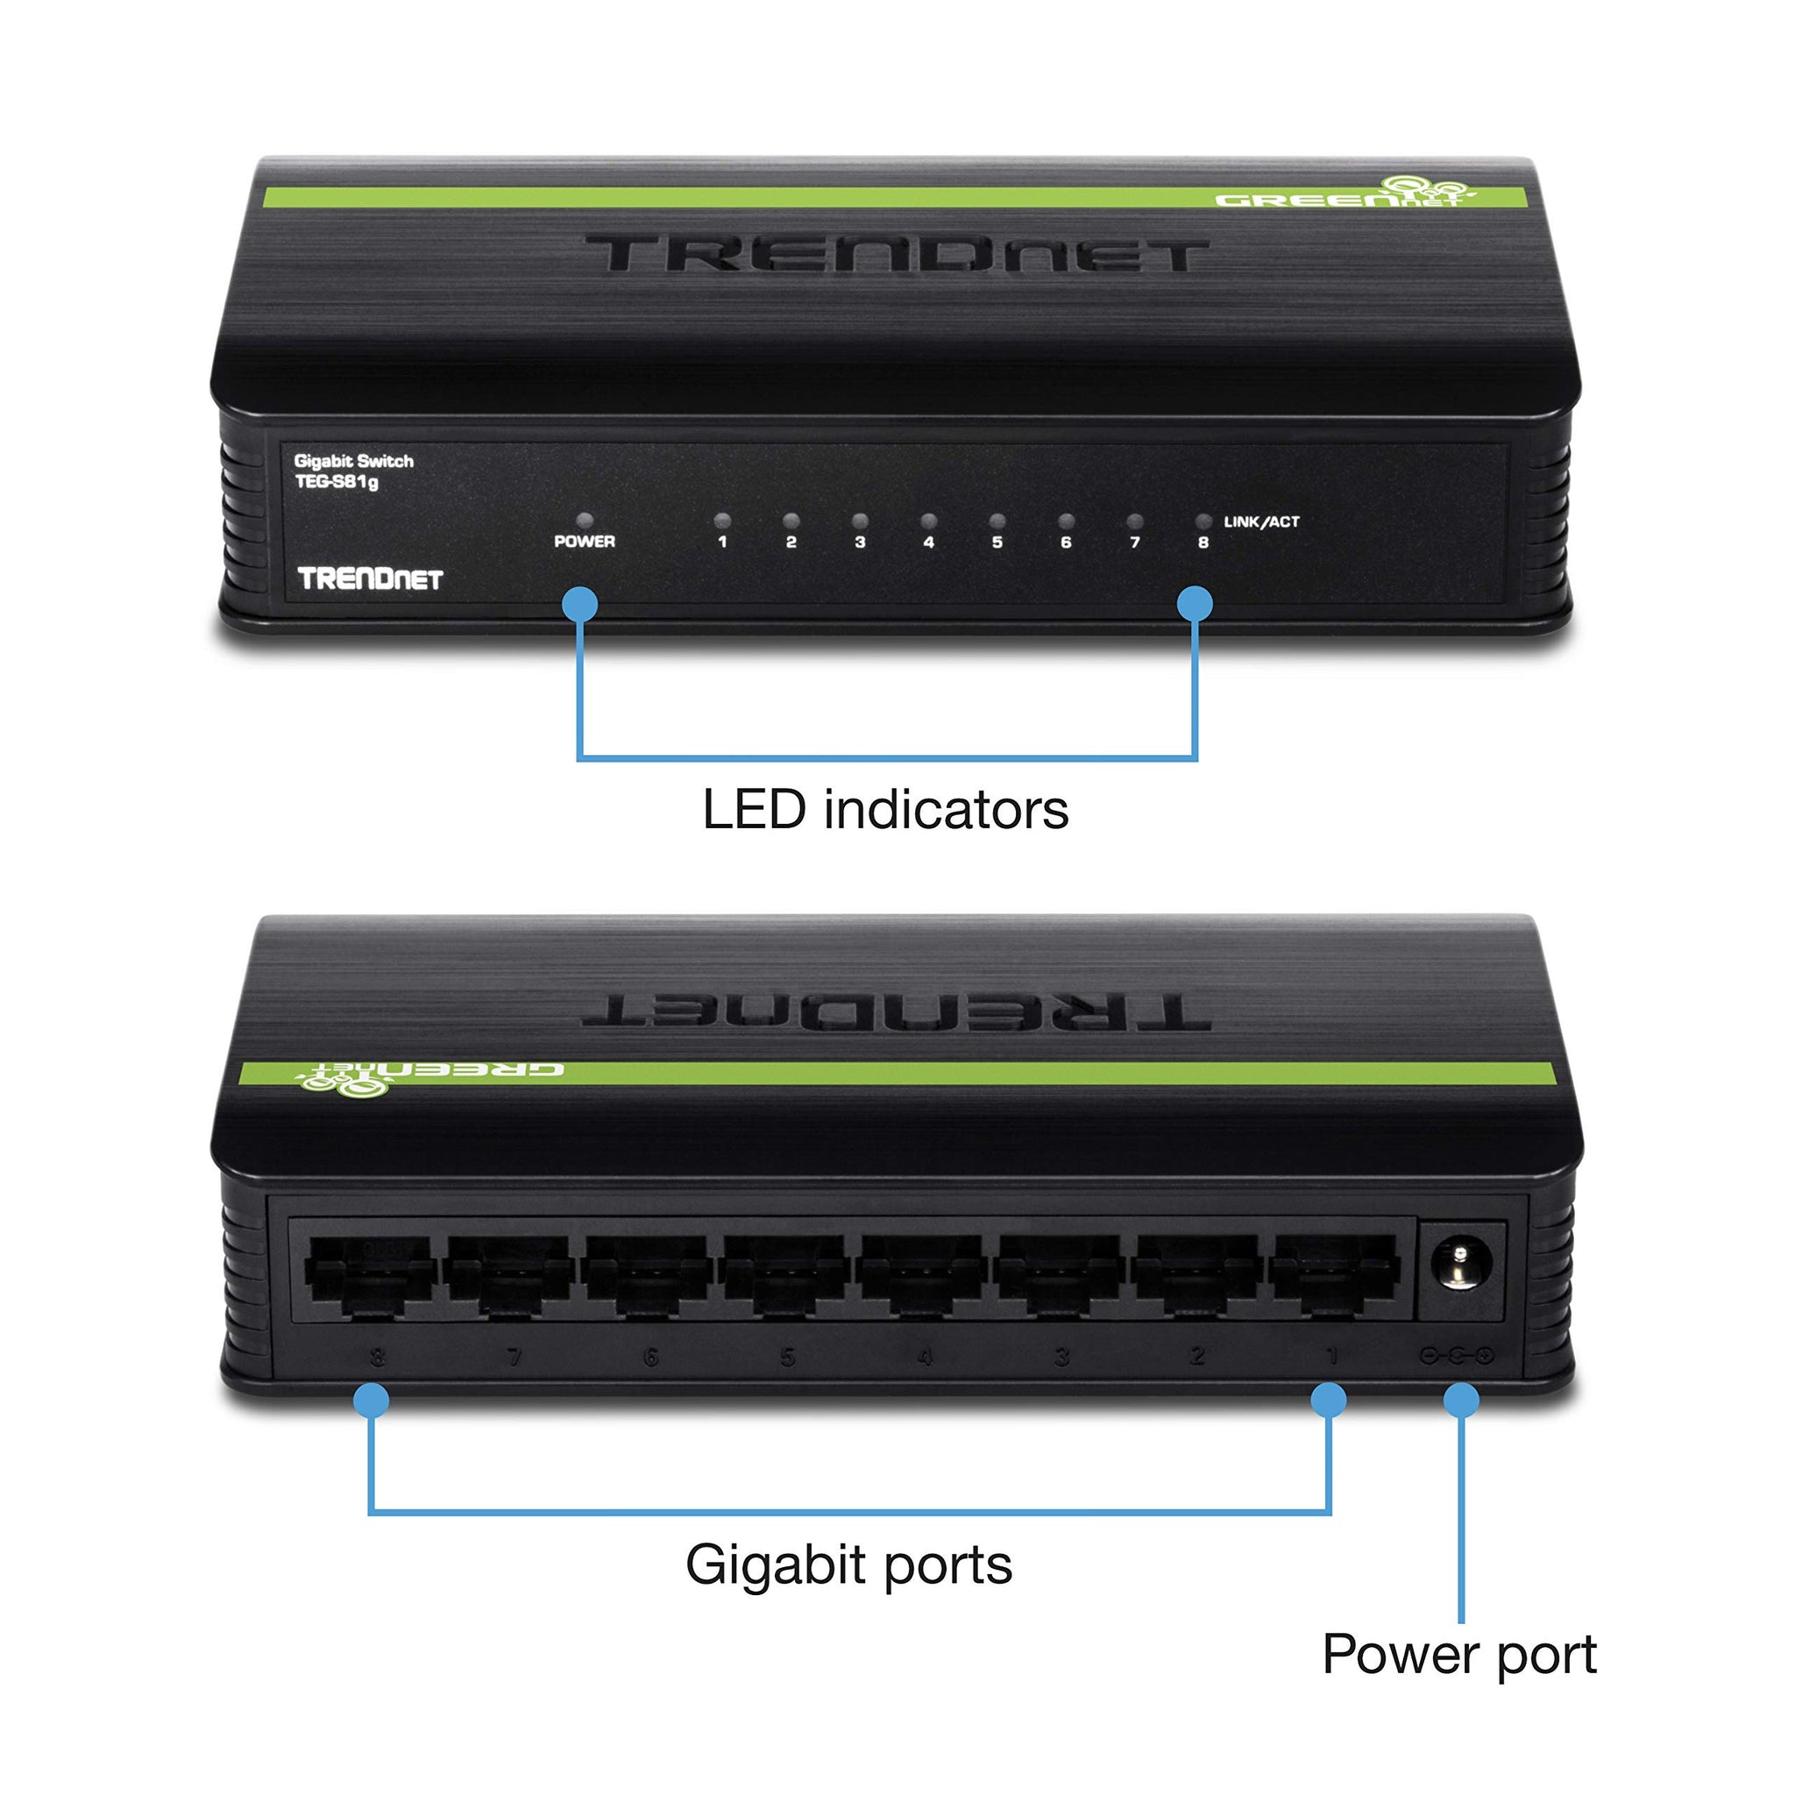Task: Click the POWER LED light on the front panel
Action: (585, 521)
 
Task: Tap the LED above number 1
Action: (722, 521)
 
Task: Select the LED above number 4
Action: (928, 521)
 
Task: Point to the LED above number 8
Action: (1203, 521)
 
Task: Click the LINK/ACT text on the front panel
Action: (1260, 522)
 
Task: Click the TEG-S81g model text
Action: (337, 482)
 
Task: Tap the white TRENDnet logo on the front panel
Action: (370, 578)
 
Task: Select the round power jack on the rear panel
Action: (1460, 1266)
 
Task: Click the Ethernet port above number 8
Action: (372, 1274)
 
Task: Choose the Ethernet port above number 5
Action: (785, 1274)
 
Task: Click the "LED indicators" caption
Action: (884, 810)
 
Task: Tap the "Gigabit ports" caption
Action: (848, 1564)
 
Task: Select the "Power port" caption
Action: (1458, 1654)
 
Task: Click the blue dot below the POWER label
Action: (579, 604)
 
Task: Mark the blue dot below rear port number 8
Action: (372, 1400)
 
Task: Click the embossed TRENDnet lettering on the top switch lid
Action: (896, 253)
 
